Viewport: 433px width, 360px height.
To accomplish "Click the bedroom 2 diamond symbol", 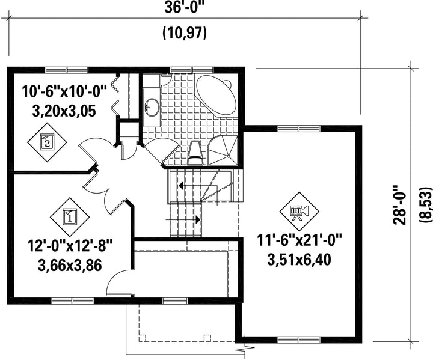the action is (x=47, y=142).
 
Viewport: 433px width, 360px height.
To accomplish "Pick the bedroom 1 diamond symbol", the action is (x=70, y=217).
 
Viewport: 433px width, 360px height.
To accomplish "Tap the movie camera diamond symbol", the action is (x=299, y=212).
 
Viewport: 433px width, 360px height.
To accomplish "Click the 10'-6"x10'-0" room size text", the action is (x=64, y=91).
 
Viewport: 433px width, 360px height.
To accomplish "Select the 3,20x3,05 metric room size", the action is (x=64, y=111).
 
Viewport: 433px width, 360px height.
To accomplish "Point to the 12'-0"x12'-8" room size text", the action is (x=70, y=245).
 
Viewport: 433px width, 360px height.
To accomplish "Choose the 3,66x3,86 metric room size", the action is (x=70, y=265).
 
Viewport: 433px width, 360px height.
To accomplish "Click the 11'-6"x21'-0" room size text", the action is (x=299, y=240).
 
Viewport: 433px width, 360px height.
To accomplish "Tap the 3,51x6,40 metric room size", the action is (x=299, y=259).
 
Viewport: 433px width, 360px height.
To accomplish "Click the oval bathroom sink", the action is (x=152, y=107).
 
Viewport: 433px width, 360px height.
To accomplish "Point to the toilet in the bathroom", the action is (x=196, y=153).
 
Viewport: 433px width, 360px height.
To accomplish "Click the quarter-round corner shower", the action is (x=223, y=150).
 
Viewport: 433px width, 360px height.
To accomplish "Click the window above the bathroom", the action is (x=192, y=70).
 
